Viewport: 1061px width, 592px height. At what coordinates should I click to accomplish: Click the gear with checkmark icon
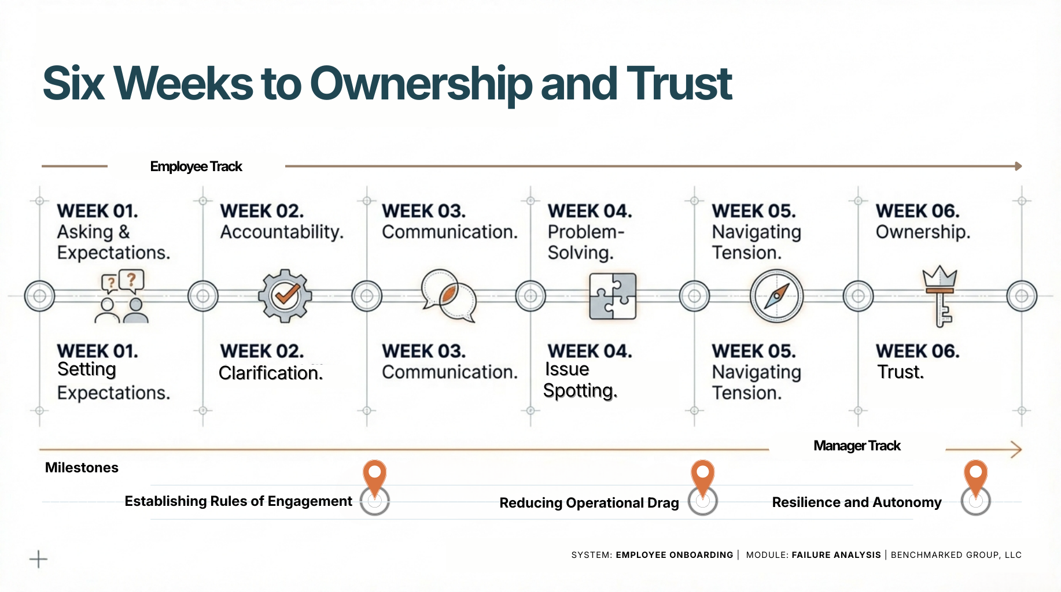point(285,295)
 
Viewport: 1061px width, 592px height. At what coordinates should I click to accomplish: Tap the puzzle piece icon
point(613,296)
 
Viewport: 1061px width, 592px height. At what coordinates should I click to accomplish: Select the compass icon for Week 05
point(776,296)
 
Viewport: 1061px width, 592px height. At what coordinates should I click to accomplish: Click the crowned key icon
point(940,295)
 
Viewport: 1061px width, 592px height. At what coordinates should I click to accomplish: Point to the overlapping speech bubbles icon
point(448,295)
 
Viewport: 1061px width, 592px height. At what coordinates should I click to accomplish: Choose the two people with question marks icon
point(122,297)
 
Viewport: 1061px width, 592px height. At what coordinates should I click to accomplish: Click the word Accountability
point(282,232)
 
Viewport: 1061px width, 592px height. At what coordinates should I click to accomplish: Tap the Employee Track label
point(196,166)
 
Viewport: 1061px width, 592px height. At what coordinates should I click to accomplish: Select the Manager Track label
point(856,446)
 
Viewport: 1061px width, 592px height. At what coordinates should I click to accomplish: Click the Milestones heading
point(82,468)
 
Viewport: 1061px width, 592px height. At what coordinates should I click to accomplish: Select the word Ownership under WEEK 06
point(922,232)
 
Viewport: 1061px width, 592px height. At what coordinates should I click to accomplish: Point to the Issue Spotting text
point(580,380)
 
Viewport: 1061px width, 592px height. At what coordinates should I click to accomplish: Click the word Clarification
point(270,373)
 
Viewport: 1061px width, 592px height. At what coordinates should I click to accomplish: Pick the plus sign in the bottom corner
point(38,559)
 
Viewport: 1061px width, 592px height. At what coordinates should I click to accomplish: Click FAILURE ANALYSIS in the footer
point(836,555)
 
